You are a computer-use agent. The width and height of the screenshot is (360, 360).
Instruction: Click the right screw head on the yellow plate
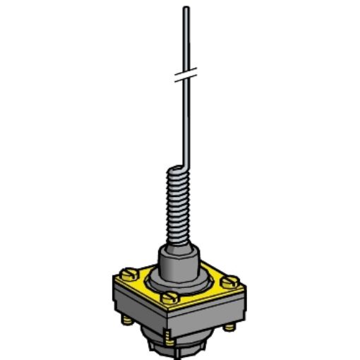point(229,281)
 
